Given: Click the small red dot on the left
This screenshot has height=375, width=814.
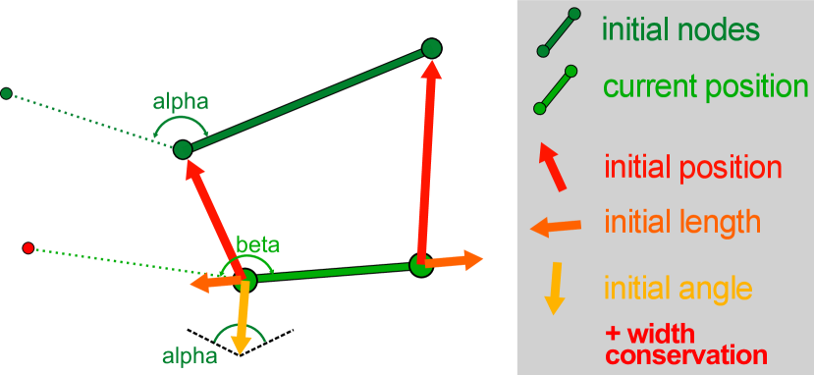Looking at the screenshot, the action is tap(28, 247).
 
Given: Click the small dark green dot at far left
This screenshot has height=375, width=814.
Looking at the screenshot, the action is tap(6, 93).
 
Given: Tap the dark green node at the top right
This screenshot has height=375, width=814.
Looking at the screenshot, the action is tap(430, 48).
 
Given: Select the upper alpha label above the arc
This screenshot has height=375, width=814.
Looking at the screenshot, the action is tap(180, 100).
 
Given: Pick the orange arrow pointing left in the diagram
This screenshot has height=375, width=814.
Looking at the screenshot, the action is tap(216, 284).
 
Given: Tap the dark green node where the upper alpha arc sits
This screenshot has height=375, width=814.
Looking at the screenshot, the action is tap(183, 150).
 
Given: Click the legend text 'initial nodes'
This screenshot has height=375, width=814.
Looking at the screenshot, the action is tap(680, 30).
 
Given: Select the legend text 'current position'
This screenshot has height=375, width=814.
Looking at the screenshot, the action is tap(705, 86).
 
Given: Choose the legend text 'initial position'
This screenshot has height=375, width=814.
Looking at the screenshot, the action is tap(692, 168).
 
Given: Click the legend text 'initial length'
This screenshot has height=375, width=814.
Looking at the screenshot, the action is tap(681, 222).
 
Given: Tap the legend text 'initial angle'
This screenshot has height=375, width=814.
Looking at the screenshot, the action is tap(678, 290).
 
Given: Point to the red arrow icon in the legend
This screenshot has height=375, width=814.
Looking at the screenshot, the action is tap(552, 166).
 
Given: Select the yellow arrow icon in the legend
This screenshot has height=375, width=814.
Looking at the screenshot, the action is tap(556, 288).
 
